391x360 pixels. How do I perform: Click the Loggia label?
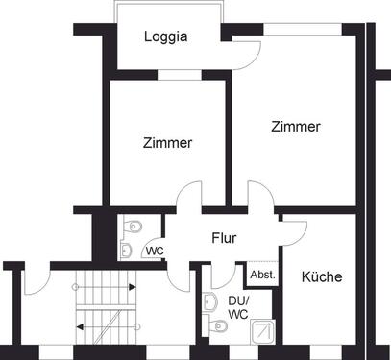tap(165, 38)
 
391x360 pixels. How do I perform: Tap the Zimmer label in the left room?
tap(167, 143)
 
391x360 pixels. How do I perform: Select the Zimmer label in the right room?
tap(295, 126)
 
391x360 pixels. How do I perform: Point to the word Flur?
tap(224, 239)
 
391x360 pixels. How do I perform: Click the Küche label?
tap(321, 276)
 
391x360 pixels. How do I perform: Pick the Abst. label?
tap(261, 274)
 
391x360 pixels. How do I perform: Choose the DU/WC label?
tap(237, 306)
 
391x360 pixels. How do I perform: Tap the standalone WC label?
tap(153, 252)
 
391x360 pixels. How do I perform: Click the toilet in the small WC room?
tap(135, 226)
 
